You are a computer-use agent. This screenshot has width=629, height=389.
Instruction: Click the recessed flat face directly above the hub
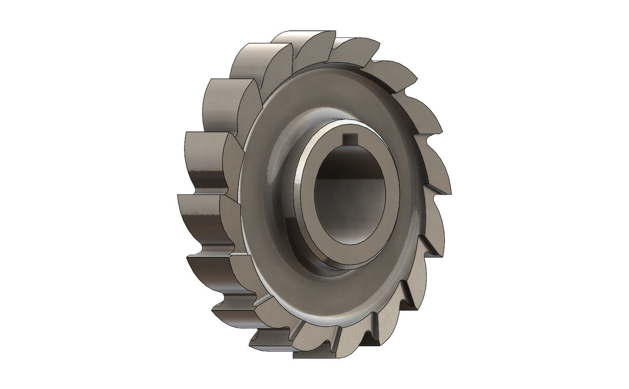(x=339, y=93)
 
